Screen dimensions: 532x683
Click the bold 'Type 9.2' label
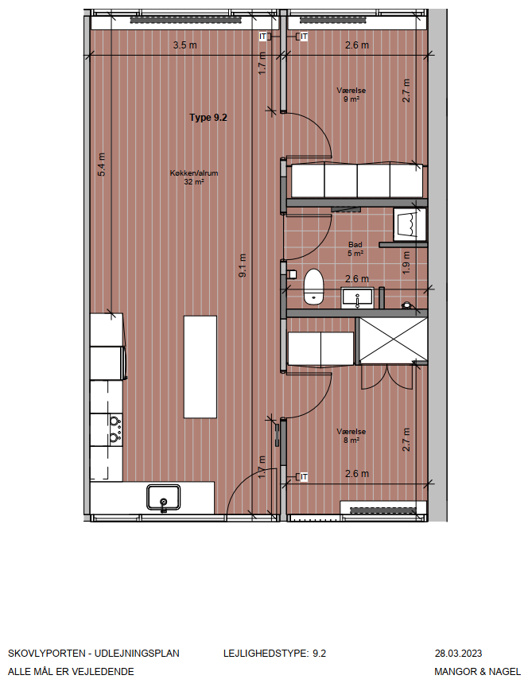(208, 118)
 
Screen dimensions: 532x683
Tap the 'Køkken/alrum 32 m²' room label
(194, 177)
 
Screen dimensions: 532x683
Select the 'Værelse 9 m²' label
(351, 95)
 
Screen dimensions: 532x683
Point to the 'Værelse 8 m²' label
(351, 436)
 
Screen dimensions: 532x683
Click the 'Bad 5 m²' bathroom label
(355, 249)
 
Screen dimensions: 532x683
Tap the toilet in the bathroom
(313, 286)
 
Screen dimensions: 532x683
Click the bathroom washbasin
(357, 298)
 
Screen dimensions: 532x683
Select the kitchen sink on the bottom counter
(163, 498)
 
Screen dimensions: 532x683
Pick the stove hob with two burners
(115, 429)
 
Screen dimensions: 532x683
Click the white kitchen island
(200, 367)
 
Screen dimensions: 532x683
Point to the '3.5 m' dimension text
(184, 45)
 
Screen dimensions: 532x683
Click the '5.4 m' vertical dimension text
(102, 165)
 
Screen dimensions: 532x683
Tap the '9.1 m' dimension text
(243, 266)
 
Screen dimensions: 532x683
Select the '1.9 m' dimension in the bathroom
(406, 262)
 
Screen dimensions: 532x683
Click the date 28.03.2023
(458, 654)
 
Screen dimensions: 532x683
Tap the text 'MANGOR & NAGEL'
(478, 672)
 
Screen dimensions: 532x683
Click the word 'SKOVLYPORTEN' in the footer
(47, 654)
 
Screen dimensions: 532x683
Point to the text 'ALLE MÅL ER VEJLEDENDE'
(71, 672)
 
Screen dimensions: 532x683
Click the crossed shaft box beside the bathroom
(393, 340)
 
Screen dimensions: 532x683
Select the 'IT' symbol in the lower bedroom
(304, 477)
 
